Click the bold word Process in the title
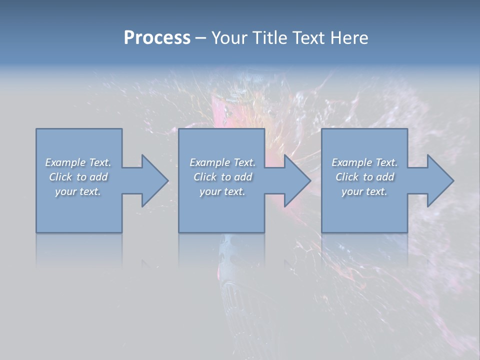pos(157,38)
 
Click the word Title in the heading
pos(270,38)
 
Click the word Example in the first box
pos(65,162)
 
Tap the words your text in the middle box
pos(222,191)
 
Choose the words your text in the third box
pos(364,191)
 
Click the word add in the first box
pos(98,177)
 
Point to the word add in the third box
pos(385,177)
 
